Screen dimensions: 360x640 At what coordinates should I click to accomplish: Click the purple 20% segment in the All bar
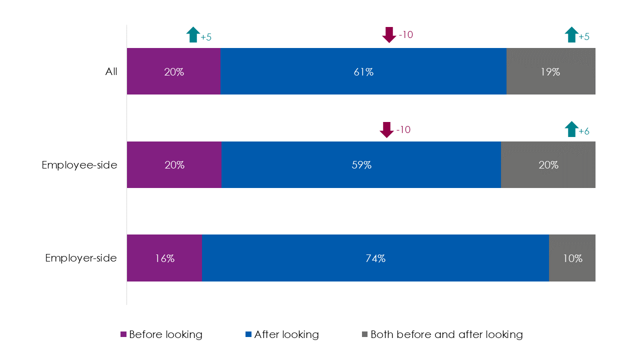[173, 71]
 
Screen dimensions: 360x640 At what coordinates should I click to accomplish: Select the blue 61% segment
[363, 71]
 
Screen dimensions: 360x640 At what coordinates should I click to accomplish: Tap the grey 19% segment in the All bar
[550, 71]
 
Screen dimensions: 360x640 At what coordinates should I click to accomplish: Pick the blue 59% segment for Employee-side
[361, 165]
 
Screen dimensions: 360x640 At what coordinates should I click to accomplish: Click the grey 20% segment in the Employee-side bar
[548, 165]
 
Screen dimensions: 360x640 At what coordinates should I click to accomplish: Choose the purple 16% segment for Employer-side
[164, 258]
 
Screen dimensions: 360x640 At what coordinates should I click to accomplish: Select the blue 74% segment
[375, 258]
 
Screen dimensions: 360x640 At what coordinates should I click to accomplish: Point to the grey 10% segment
[572, 258]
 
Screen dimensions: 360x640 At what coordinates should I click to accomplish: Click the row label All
[111, 71]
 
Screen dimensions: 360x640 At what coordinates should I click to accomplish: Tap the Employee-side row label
[79, 165]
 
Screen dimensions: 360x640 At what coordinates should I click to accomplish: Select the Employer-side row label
[81, 258]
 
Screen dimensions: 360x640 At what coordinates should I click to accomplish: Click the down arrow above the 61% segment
[389, 35]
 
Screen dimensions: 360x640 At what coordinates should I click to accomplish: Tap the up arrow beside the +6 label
[571, 129]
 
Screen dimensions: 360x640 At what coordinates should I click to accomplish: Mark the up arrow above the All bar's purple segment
[193, 35]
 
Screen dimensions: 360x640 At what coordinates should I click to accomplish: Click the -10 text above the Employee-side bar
[403, 129]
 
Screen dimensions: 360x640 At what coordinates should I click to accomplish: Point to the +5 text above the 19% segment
[584, 37]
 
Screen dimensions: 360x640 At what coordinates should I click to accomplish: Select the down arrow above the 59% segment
[387, 129]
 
